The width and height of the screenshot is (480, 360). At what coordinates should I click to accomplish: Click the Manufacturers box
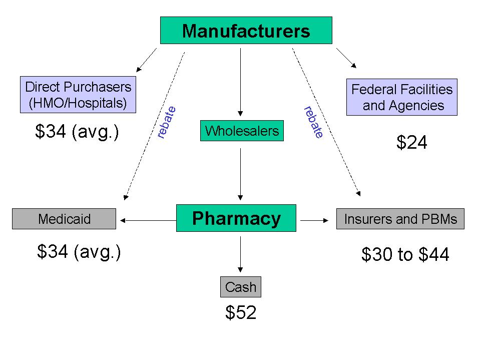246,31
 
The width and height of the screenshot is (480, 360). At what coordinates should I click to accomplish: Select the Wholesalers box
242,131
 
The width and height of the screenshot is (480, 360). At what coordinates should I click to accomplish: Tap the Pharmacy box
236,218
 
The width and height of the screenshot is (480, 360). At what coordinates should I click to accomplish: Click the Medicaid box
64,219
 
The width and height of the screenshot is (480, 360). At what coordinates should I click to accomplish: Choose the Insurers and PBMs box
400,219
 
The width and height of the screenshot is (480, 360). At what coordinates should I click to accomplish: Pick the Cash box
241,287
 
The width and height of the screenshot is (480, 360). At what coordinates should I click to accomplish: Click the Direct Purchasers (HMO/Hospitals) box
78,95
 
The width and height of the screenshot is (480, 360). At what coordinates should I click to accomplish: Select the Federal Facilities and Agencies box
401,97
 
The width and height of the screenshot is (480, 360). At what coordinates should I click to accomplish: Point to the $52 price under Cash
241,313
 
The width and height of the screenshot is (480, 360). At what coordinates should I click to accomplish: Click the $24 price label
412,143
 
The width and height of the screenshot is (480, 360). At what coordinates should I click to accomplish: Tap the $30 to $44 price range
405,255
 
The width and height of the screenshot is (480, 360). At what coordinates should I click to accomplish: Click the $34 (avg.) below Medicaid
79,251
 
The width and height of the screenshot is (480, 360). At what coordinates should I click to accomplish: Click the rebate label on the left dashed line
166,122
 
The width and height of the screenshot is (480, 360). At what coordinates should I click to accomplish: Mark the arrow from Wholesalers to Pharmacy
241,173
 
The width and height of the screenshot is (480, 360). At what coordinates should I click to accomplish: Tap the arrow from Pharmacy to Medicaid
147,219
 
